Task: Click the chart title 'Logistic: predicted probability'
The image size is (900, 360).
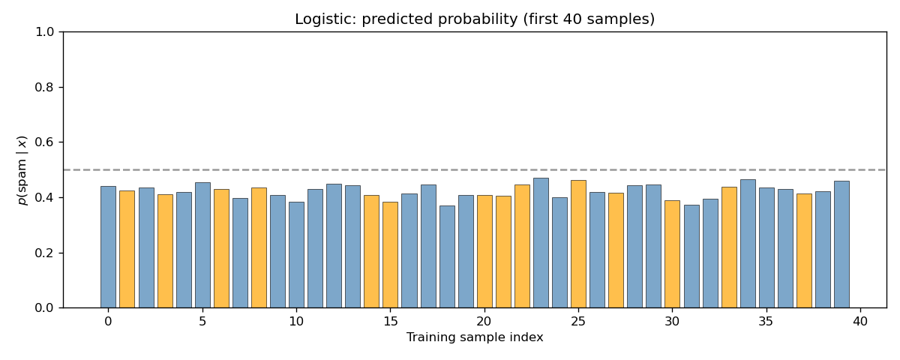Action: pyautogui.click(x=474, y=19)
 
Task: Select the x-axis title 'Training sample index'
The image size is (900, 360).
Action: pyautogui.click(x=474, y=337)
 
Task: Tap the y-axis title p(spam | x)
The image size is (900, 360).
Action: pyautogui.click(x=22, y=169)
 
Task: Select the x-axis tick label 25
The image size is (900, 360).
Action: pyautogui.click(x=578, y=321)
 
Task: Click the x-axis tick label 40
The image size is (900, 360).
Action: pyautogui.click(x=860, y=321)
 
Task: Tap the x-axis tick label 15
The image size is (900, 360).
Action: pyautogui.click(x=390, y=321)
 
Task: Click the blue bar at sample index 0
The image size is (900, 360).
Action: pyautogui.click(x=108, y=247)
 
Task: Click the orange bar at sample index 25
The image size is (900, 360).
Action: pyautogui.click(x=578, y=244)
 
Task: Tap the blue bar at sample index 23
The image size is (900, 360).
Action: pyautogui.click(x=541, y=243)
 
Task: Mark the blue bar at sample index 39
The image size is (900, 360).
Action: pyautogui.click(x=841, y=244)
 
